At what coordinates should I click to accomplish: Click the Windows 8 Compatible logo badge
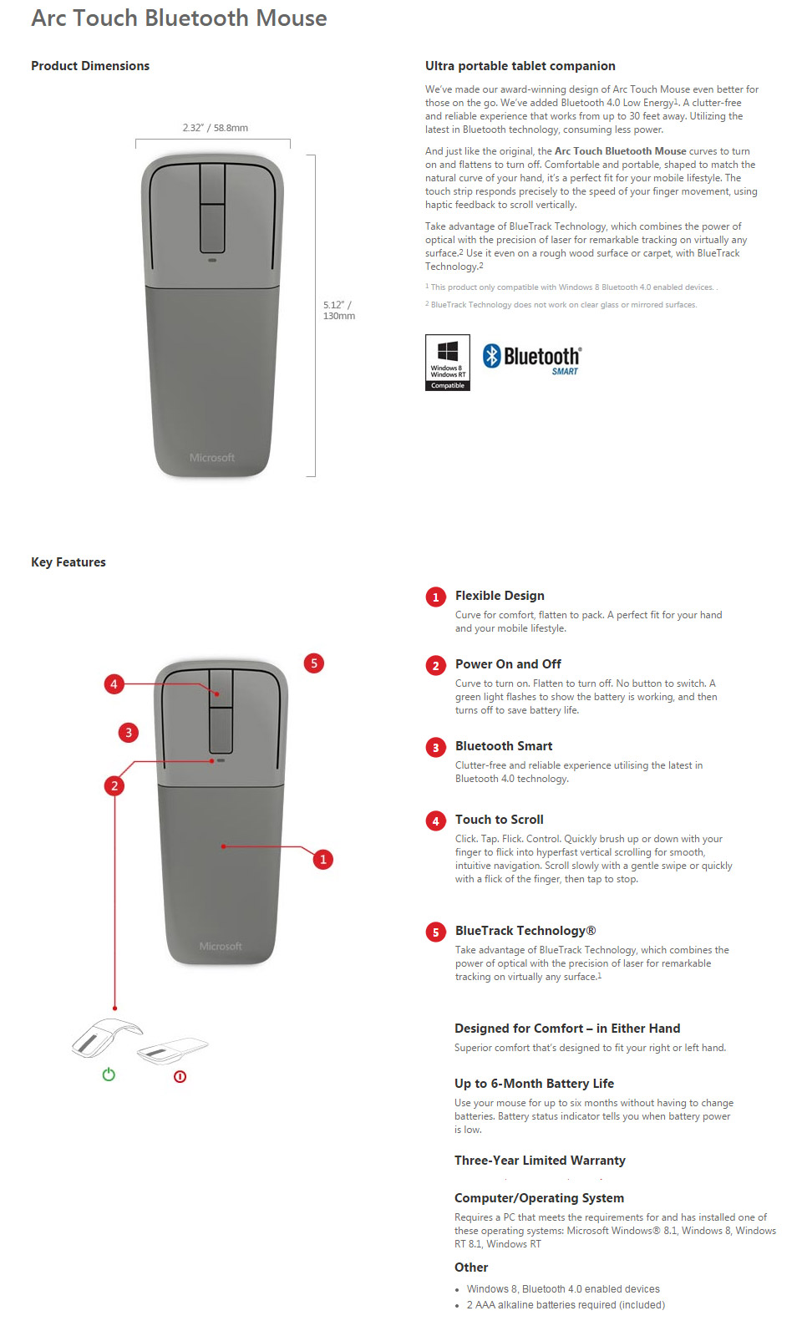(448, 362)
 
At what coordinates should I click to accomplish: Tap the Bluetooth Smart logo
(532, 358)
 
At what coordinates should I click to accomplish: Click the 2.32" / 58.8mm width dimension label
(215, 128)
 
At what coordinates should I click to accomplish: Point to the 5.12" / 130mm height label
(338, 310)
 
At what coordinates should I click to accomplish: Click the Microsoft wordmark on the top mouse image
(211, 458)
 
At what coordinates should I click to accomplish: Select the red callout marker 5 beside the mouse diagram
(313, 663)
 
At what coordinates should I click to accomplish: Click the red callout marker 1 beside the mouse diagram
(323, 859)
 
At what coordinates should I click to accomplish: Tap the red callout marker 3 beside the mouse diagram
(128, 733)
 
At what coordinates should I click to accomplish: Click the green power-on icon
(109, 1075)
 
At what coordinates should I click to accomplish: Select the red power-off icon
(180, 1076)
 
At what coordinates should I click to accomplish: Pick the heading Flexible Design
(500, 596)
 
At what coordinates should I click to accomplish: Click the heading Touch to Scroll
(499, 820)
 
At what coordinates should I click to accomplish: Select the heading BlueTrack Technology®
(525, 931)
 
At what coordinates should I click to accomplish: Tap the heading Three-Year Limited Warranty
(540, 1161)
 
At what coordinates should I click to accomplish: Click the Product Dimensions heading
(90, 66)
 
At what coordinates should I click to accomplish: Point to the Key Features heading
(69, 562)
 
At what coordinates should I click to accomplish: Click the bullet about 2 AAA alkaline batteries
(566, 1305)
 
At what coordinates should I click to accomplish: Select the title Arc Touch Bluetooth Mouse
(179, 18)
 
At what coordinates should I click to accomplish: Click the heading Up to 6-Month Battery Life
(534, 1084)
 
